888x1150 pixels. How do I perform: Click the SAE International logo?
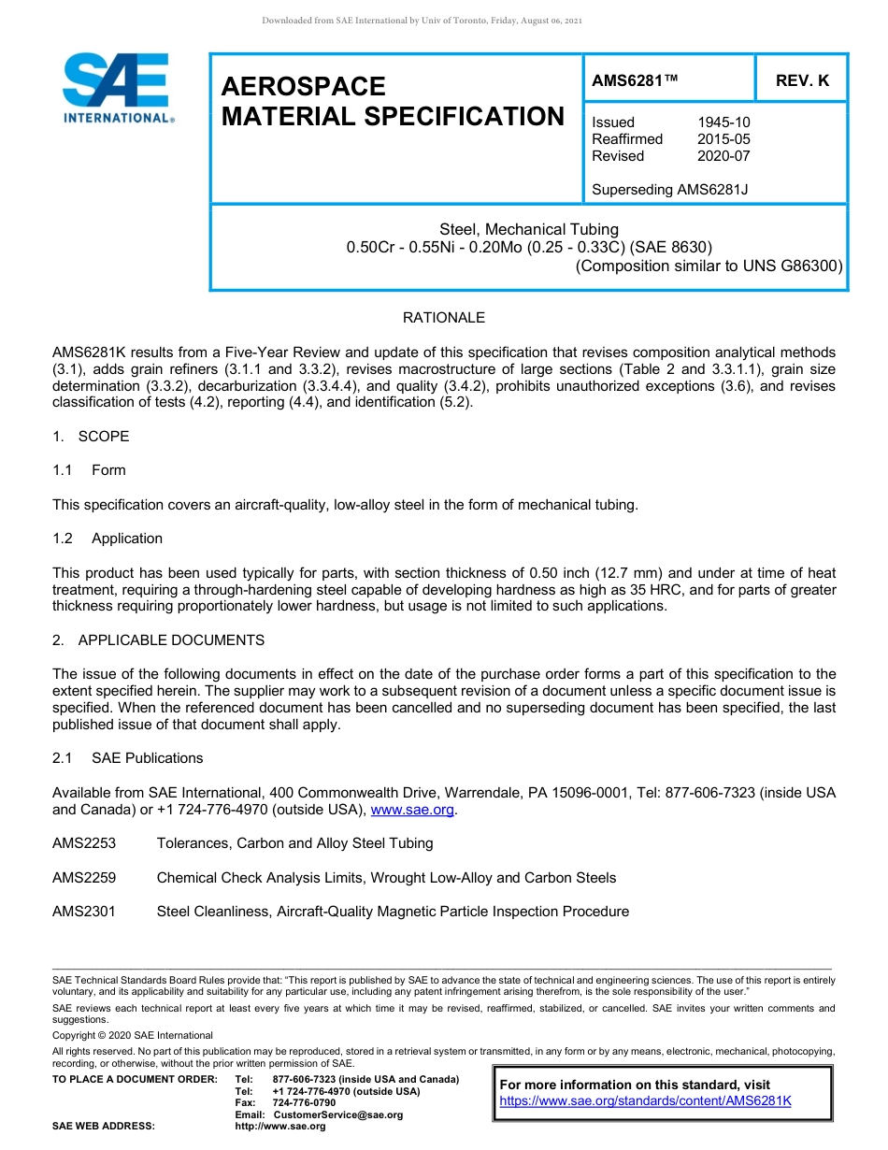tap(117, 89)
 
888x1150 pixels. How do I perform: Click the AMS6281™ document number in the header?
tap(635, 81)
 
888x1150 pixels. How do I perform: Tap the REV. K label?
tap(802, 81)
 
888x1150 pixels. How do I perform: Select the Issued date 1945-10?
tap(723, 122)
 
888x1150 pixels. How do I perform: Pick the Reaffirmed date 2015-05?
tap(723, 139)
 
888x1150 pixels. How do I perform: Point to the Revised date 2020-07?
tap(723, 156)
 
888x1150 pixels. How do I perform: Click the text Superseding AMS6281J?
tap(670, 190)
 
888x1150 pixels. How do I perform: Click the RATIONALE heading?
tap(444, 318)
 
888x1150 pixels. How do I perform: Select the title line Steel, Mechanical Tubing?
tap(529, 230)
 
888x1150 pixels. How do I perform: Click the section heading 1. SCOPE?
tap(91, 437)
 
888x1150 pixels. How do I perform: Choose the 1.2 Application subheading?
tap(107, 539)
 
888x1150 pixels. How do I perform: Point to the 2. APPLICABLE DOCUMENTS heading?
tap(158, 640)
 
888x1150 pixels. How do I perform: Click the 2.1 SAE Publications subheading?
tap(127, 758)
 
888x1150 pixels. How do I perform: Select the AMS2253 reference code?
tap(84, 843)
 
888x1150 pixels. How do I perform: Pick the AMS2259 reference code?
tap(84, 878)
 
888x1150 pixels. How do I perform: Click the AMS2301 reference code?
tap(84, 912)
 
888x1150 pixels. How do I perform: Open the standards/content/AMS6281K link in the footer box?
tap(645, 1100)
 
